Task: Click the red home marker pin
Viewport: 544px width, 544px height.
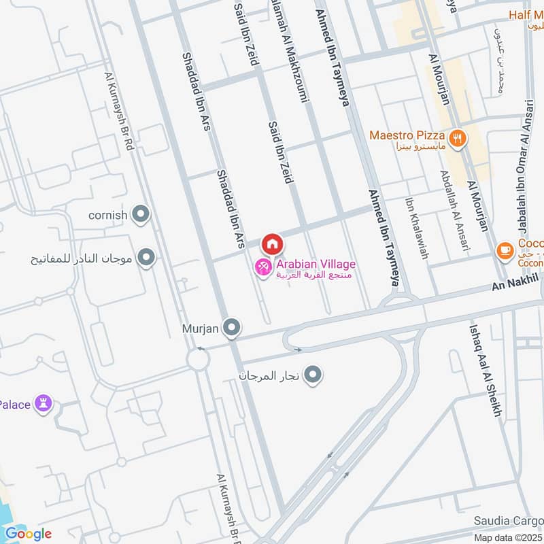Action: [272, 243]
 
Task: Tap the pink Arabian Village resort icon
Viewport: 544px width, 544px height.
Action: [262, 268]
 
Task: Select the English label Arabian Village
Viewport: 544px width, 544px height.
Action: [315, 264]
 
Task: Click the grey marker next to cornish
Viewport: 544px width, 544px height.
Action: [141, 216]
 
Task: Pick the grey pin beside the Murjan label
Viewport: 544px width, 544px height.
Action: [232, 329]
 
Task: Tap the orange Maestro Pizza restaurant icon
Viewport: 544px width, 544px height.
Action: [458, 137]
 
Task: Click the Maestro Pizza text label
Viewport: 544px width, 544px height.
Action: [407, 135]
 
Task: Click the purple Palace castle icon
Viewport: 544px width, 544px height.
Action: [45, 405]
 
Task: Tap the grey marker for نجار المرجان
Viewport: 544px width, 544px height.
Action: [313, 375]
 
